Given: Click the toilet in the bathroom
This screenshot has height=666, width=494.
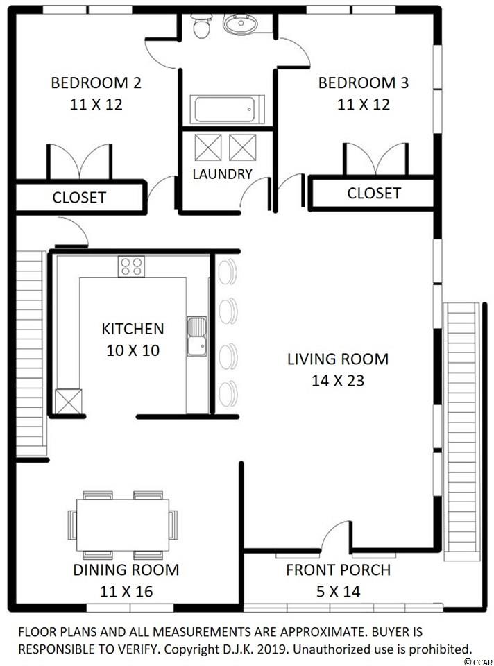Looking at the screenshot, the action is click(201, 26).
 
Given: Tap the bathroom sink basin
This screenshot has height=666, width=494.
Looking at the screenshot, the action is click(241, 24).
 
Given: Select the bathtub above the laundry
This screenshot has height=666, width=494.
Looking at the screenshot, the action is click(228, 110).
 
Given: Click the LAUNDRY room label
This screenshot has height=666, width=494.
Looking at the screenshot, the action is click(222, 173).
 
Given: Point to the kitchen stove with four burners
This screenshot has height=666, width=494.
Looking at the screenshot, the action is click(131, 266).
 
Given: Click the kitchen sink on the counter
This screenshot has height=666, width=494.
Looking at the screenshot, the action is click(197, 336).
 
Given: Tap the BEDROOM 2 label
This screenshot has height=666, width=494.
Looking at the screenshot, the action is click(96, 83).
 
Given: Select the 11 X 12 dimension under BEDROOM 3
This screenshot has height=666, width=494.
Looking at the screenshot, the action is click(364, 104).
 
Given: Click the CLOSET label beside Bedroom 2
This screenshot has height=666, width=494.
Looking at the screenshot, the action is click(79, 198).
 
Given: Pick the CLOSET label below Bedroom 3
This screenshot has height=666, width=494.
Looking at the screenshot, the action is click(374, 194).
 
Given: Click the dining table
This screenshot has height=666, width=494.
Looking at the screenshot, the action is click(123, 524).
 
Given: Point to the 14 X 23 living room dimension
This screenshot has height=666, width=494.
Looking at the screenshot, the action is click(338, 380).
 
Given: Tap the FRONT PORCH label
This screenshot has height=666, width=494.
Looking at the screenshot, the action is click(338, 570).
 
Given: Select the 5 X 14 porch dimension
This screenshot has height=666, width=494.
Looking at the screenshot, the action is click(338, 591).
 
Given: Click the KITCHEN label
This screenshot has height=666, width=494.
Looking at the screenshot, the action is click(133, 329).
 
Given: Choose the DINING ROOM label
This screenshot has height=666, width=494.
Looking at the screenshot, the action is click(126, 570).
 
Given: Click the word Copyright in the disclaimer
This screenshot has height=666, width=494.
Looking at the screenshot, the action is click(190, 649).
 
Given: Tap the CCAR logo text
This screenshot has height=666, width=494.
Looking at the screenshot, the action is click(478, 661).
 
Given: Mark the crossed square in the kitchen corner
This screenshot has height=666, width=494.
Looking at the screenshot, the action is click(69, 402).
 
